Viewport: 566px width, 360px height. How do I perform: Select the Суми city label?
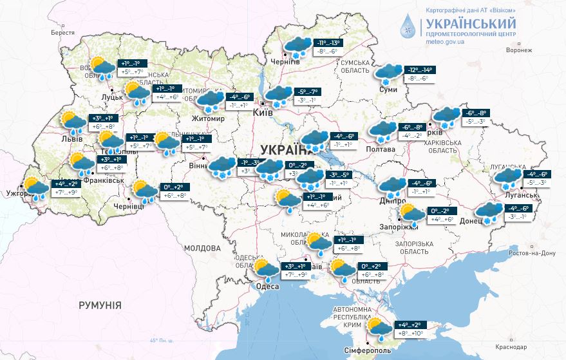pos(389,90)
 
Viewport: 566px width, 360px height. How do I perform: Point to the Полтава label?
pos(380,149)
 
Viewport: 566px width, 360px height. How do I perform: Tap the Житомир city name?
pos(207,119)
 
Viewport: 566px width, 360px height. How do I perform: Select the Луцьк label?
pos(113,97)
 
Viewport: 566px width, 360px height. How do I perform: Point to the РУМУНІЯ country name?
pos(100,305)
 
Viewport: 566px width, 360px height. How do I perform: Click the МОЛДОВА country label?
pos(202,248)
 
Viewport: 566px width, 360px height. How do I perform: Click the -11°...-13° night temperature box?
pos(328,43)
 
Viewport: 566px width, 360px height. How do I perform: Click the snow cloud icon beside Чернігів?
pos(296,46)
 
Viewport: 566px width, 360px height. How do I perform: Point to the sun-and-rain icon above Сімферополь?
pos(378,329)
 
